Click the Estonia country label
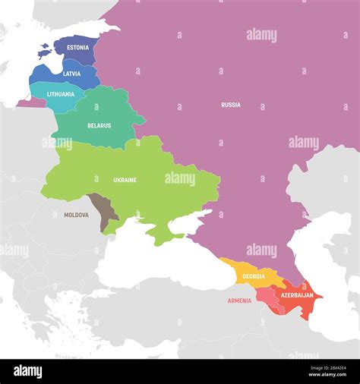77,48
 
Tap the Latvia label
72,74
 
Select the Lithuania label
61,95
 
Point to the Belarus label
99,126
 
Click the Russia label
231,105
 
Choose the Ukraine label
125,180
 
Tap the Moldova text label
76,215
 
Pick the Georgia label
254,276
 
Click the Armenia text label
239,301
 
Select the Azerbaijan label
297,294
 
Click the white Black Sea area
159,262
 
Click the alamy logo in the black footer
27,371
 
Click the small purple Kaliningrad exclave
32,102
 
